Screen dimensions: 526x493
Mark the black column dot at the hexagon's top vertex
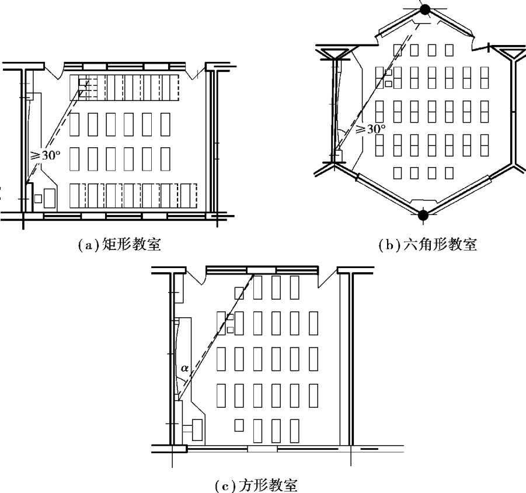point(425,9)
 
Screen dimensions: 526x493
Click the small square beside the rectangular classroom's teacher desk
point(38,199)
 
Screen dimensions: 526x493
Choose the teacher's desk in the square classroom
point(197,429)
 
